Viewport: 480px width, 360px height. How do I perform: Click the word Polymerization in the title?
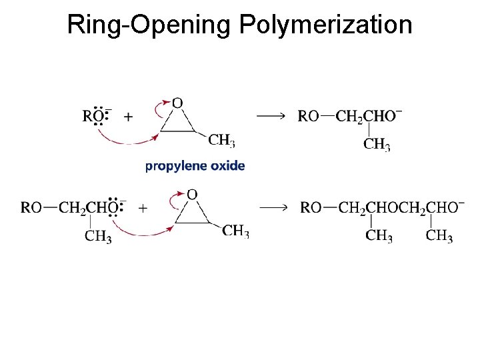[325, 25]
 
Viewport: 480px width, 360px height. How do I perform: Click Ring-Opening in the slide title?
[150, 25]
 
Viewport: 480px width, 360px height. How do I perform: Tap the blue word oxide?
[226, 166]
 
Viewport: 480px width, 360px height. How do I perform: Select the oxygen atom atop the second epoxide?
[192, 194]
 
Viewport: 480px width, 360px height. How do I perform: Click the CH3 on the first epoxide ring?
[221, 140]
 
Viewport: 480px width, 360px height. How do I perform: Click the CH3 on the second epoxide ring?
[235, 231]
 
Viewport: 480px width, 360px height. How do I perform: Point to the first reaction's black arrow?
[271, 116]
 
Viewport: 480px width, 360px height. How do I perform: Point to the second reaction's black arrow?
[273, 207]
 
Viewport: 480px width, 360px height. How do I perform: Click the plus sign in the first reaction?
[128, 117]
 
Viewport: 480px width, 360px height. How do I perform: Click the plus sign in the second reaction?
[143, 208]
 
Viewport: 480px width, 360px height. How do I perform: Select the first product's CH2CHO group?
[369, 117]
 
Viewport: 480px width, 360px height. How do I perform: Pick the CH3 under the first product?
[377, 144]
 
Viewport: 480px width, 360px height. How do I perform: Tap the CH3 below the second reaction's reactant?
[98, 236]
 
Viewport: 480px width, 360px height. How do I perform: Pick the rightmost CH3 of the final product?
[439, 236]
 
